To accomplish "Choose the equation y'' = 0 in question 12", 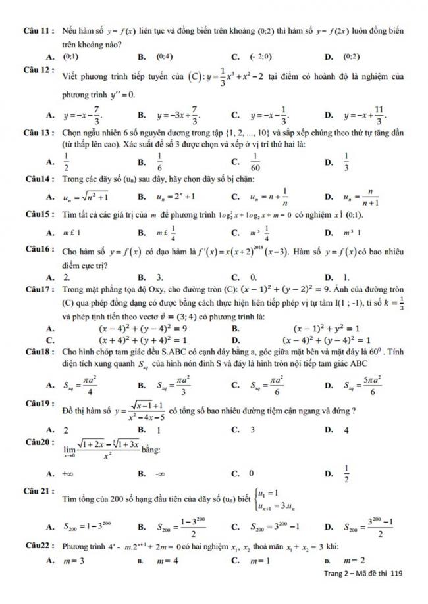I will pyautogui.click(x=123, y=95).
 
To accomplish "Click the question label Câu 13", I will pyautogui.click(x=38, y=133).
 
